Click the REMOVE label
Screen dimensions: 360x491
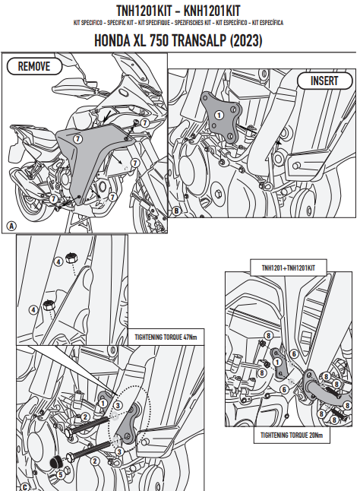34,66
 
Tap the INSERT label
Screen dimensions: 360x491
324,81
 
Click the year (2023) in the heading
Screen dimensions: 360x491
246,41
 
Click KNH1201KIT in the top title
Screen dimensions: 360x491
212,11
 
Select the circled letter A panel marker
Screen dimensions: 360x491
11,226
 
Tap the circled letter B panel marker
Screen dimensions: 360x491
176,211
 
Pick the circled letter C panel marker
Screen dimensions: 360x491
25,487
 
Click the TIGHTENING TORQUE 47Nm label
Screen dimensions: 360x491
166,337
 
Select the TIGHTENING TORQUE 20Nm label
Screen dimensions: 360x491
292,436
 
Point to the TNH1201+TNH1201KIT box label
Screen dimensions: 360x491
289,268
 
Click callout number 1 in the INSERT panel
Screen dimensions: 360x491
219,116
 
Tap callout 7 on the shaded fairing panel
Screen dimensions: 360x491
78,138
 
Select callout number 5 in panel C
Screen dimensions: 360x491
60,475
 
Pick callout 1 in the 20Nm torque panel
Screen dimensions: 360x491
277,363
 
